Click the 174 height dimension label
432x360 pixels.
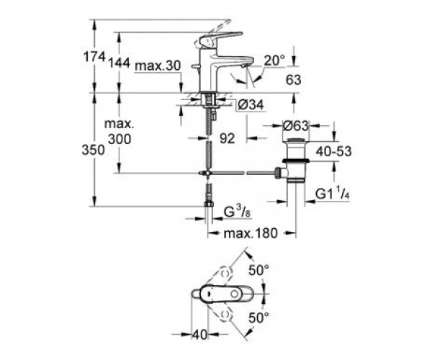(94, 58)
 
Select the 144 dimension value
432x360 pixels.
(119, 63)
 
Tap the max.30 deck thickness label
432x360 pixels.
(158, 66)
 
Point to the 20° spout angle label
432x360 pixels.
(274, 60)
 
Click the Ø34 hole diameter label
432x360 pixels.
(251, 104)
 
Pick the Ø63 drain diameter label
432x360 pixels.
(296, 126)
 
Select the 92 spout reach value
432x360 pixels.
(228, 138)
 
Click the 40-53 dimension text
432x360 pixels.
(333, 151)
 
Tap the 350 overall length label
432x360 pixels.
(93, 150)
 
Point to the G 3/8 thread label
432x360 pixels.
(237, 212)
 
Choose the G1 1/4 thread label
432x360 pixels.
(332, 194)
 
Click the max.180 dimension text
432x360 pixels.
(251, 233)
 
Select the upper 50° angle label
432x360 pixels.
(258, 270)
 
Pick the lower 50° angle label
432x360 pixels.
(258, 318)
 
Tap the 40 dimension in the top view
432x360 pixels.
(199, 335)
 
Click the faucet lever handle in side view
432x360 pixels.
(220, 37)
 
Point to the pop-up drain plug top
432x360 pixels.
(296, 140)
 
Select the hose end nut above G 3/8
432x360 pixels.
(209, 204)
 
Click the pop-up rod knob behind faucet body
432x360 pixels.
(195, 66)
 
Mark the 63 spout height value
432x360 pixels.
(294, 80)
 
